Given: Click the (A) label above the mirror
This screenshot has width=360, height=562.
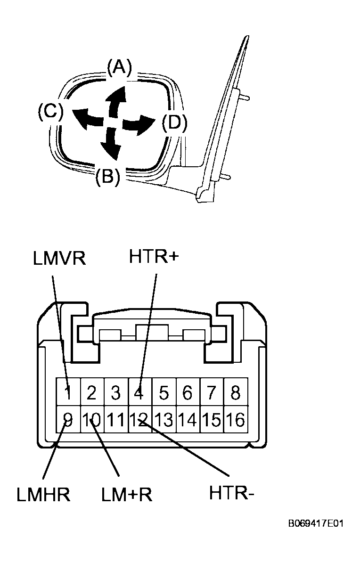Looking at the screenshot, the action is point(120,68).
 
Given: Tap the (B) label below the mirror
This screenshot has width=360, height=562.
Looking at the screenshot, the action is point(107,176).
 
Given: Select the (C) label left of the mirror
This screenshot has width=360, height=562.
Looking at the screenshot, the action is point(50,111).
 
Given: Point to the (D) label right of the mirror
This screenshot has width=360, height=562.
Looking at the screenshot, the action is point(175,123).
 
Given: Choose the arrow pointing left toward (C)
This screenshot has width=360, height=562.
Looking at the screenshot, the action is point(88,118).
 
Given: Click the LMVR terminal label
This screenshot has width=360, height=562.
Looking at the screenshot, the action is point(59,258).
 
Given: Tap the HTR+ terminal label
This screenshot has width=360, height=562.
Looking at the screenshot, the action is point(154,257).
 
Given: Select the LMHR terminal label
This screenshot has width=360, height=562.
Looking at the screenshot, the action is point(43,495).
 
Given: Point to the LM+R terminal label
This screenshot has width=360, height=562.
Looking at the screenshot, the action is point(127,495).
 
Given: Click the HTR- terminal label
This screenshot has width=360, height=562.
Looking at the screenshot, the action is point(232,493).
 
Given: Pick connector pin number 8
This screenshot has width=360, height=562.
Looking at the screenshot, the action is point(236,392).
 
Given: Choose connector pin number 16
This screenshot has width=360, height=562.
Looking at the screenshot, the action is point(236,419).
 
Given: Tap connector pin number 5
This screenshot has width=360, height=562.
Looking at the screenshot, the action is point(164,392).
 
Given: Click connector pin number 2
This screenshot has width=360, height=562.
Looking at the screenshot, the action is point(91,392).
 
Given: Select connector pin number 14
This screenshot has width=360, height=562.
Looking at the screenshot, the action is point(188,419).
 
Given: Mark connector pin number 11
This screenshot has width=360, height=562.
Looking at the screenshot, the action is point(115,419).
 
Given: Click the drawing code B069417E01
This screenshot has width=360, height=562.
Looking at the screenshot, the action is point(316,524).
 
